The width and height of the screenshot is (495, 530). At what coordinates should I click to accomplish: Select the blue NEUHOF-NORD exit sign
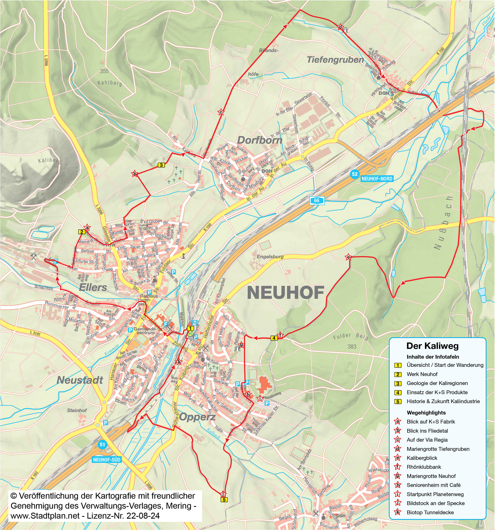377,179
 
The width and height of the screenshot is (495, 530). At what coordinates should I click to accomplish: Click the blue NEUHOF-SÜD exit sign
107,460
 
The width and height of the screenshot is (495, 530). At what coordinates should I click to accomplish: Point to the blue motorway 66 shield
317,200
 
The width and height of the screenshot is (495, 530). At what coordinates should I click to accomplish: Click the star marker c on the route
221,112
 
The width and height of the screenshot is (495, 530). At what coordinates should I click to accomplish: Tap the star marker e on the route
348,257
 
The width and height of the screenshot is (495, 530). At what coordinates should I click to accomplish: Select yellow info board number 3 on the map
161,165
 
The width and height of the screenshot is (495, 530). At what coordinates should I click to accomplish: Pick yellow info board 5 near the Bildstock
224,500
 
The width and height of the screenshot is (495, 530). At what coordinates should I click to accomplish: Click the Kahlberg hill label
110,83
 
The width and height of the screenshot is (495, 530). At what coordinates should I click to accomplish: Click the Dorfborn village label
259,140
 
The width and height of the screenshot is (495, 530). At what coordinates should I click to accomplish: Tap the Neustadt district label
80,380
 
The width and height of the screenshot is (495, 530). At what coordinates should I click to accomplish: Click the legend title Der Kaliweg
432,346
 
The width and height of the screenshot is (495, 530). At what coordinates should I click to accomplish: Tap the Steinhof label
77,410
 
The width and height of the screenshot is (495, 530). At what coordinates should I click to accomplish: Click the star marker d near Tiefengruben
340,27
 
